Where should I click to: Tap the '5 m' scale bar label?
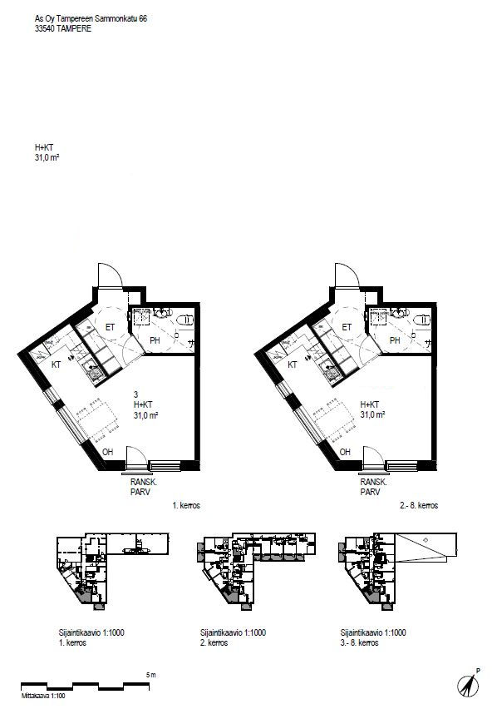coord(151,675)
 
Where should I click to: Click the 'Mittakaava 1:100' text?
coord(43,696)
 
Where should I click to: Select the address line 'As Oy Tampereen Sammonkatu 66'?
coord(91,18)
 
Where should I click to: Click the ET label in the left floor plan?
coord(110,327)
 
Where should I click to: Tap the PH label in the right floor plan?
coord(395,340)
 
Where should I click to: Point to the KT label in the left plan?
coord(56,364)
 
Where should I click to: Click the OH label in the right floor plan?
coord(345,452)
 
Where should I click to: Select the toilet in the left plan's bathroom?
coord(185,320)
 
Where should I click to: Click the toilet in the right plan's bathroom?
coord(422,320)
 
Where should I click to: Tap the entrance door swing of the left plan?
coord(110,275)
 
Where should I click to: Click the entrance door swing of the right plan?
coord(347,275)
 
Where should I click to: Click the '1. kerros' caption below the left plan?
coord(186,505)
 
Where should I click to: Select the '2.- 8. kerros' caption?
coord(419,505)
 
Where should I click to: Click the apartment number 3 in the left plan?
coord(135,394)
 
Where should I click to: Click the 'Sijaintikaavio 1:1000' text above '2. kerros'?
coord(233,632)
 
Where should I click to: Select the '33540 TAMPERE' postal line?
coord(63,28)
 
